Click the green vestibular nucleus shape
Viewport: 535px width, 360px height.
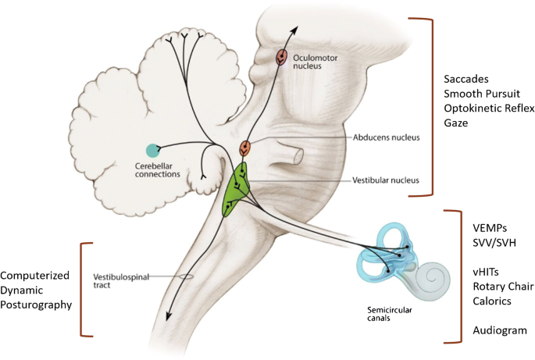pos(235,189)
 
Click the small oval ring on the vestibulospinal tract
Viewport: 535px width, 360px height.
pos(185,277)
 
